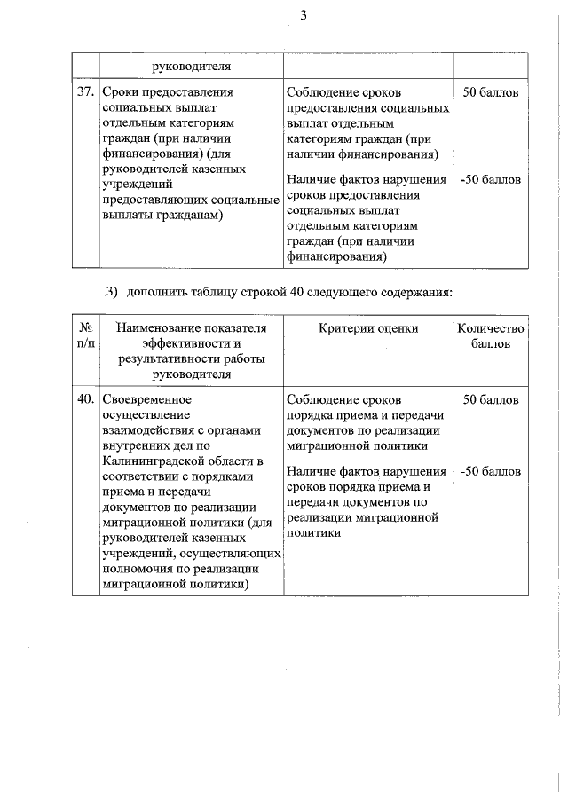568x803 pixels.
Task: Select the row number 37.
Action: [x=85, y=92]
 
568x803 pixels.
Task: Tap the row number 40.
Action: [x=85, y=400]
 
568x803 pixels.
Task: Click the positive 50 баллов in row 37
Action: [x=491, y=92]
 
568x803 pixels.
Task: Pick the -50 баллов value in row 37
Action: [x=491, y=180]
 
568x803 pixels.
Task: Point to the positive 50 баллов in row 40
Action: [x=491, y=400]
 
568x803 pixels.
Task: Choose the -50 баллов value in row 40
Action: [x=491, y=471]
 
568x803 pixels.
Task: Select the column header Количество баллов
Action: [x=491, y=336]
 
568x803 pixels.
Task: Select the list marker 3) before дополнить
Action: [x=112, y=291]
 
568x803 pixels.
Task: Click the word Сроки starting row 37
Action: [x=122, y=92]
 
